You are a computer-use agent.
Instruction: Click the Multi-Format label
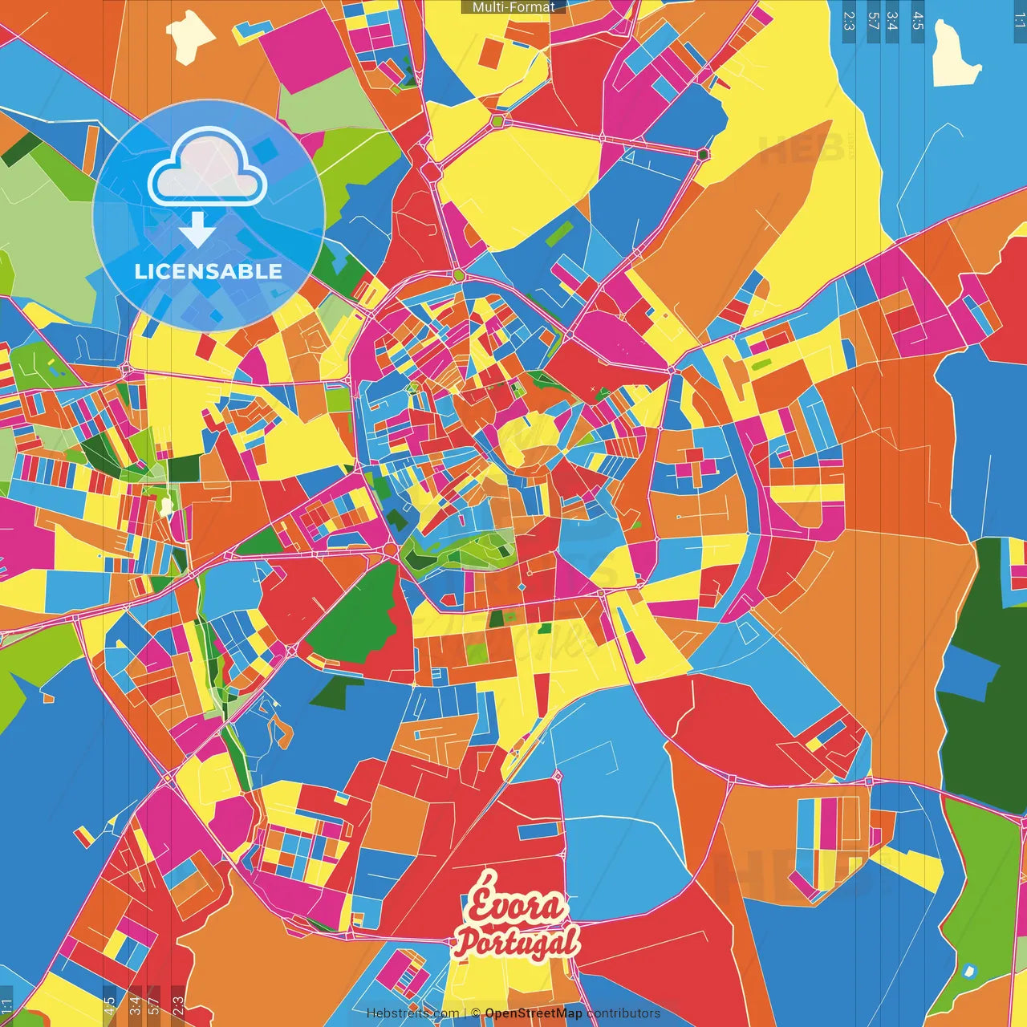[x=513, y=7]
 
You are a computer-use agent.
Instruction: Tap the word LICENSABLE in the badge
[x=209, y=271]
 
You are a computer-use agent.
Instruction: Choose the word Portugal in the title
[x=516, y=941]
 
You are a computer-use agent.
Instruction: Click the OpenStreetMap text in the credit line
[x=533, y=1013]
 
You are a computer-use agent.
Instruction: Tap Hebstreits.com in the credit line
[x=412, y=1013]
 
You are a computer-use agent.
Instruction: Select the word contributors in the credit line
[x=623, y=1013]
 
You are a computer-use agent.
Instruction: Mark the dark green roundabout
[x=704, y=154]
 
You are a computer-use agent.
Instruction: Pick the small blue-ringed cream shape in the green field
[x=969, y=972]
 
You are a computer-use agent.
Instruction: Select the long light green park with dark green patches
[x=457, y=551]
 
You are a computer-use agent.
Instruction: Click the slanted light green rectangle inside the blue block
[x=560, y=233]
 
